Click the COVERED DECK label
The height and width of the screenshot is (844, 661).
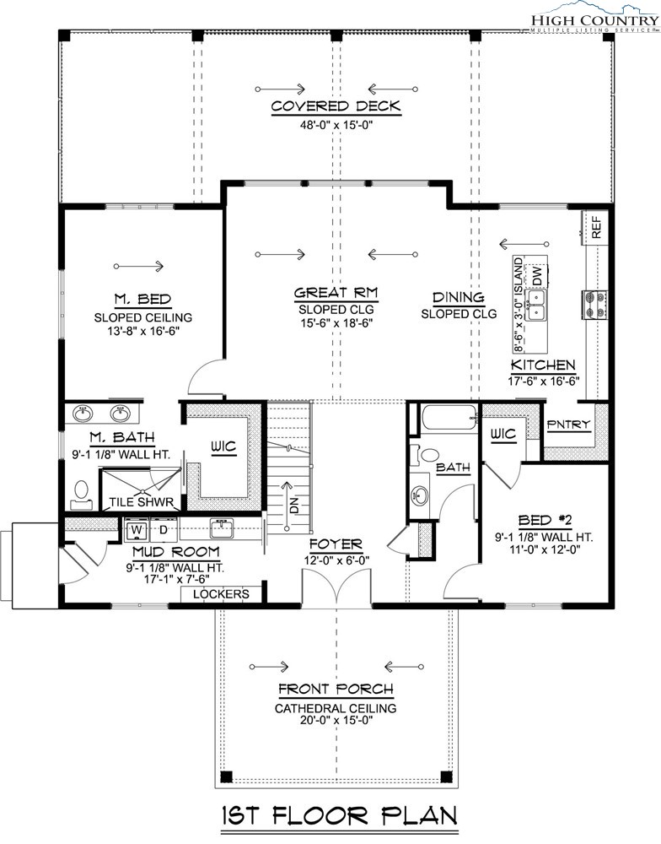[x=336, y=106]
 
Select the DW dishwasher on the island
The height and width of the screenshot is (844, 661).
[x=537, y=276]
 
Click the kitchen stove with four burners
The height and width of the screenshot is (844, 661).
[x=595, y=304]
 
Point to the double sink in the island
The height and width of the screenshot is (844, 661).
[x=535, y=306]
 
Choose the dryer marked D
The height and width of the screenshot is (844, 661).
[x=163, y=529]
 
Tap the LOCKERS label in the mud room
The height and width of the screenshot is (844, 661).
[x=221, y=593]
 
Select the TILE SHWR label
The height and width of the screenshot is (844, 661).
[x=142, y=503]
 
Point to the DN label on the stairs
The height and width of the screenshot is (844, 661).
[x=293, y=505]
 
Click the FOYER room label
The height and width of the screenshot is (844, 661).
[x=336, y=544]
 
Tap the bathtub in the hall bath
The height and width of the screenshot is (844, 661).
[x=449, y=417]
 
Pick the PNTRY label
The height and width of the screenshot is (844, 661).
[x=568, y=425]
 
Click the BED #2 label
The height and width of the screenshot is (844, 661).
[x=544, y=520]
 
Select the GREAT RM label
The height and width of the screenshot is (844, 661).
[x=336, y=293]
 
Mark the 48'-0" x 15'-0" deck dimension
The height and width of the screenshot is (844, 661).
[x=336, y=126]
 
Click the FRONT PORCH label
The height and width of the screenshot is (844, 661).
[x=336, y=689]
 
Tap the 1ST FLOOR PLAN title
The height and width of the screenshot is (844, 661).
[x=340, y=815]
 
